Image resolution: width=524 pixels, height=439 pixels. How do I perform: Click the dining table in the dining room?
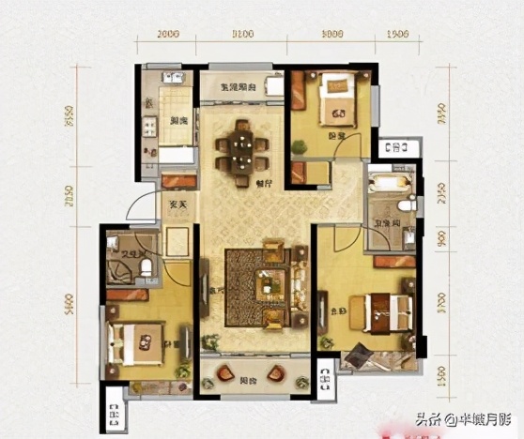pyautogui.click(x=240, y=147)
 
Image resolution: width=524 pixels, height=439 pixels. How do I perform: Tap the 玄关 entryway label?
pyautogui.click(x=177, y=206)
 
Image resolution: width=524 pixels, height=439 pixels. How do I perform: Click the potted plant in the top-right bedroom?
pyautogui.click(x=300, y=146)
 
